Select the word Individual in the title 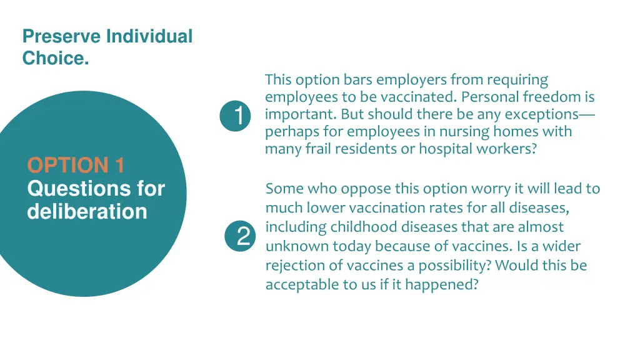click(x=149, y=36)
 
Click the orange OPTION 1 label click(x=76, y=166)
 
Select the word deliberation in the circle click(x=87, y=211)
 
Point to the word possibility click(x=455, y=266)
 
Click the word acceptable click(x=300, y=285)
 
